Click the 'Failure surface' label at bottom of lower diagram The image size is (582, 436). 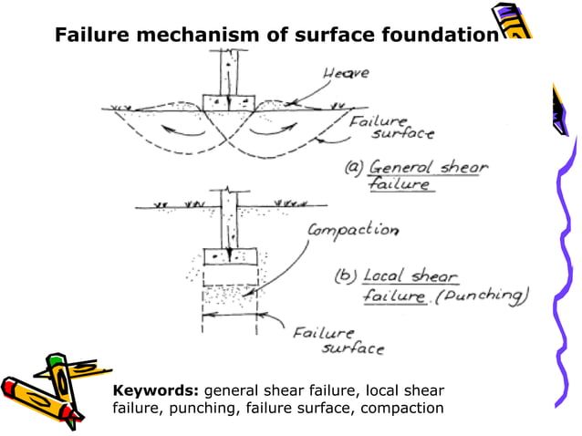click(x=338, y=339)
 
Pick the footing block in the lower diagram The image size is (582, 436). click(x=228, y=255)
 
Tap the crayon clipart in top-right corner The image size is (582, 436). click(x=513, y=22)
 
